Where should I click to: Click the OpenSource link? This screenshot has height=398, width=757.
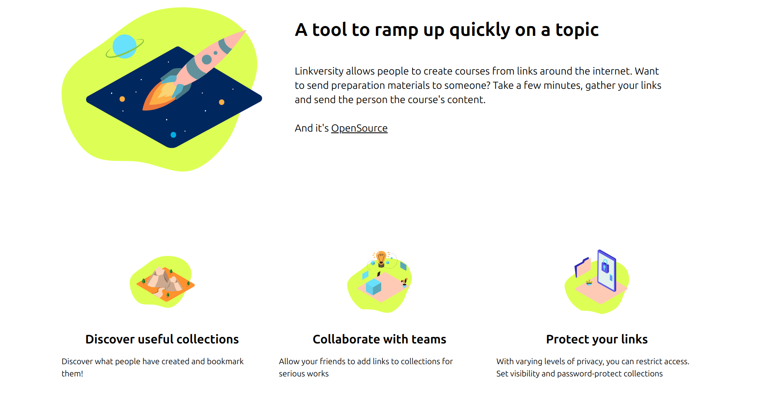pos(359,128)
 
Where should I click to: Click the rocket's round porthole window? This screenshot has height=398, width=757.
pos(207,59)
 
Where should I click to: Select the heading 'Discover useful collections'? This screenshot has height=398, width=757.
pos(162,339)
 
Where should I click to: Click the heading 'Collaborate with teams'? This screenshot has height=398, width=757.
pos(379,339)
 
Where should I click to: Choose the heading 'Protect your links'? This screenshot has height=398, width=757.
pos(597,339)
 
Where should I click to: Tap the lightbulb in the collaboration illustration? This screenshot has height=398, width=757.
pos(381,259)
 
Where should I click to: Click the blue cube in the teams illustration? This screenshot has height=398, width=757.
pos(373,286)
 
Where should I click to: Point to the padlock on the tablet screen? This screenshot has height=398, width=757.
pos(605,267)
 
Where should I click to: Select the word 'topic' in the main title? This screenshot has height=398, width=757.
pos(577,30)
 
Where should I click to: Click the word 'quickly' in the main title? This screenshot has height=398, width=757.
pos(479,30)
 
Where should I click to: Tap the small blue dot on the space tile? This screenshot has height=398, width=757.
pos(173,135)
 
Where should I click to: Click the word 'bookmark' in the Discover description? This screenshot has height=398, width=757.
pos(225,361)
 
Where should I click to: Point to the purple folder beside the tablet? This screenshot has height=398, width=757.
pos(583,268)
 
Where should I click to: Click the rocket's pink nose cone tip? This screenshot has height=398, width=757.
pos(245,31)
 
